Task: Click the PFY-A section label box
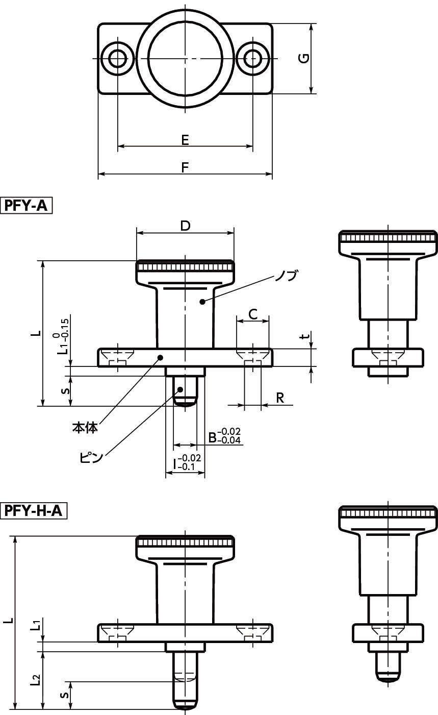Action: point(26,206)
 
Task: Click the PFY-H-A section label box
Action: point(34,511)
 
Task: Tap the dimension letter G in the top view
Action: point(304,58)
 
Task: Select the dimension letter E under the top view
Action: point(185,140)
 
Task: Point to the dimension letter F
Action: point(185,167)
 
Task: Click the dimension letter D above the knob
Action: point(185,226)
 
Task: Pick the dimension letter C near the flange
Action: point(253,314)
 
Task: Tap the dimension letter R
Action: point(280,398)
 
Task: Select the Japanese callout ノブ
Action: point(287,275)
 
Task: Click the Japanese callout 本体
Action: point(85,427)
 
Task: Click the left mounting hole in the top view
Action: point(118,58)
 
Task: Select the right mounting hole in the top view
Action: point(253,58)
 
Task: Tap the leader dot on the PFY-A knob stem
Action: point(201,301)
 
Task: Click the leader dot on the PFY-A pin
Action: point(180,389)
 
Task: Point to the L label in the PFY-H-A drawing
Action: point(10,620)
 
